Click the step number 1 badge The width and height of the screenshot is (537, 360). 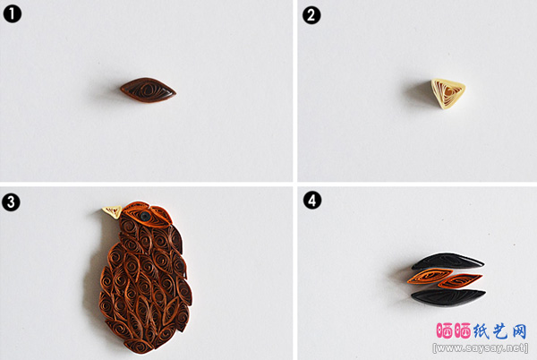(12, 14)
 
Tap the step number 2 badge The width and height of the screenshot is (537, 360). (311, 15)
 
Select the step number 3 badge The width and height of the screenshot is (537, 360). (11, 202)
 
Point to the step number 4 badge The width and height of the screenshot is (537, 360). (312, 201)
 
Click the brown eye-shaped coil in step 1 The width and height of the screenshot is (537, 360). (148, 90)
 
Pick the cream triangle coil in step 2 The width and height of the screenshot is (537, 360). (447, 93)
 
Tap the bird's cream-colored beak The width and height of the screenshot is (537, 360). (113, 211)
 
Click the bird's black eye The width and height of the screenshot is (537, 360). (145, 216)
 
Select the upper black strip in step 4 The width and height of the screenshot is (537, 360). (448, 261)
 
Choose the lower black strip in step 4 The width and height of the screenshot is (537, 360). (448, 297)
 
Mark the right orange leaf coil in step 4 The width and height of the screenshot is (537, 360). (460, 281)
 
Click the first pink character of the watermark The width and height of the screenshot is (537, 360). (445, 330)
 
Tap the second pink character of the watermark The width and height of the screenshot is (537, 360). (463, 330)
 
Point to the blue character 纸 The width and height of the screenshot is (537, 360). (482, 330)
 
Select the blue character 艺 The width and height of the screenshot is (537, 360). (500, 330)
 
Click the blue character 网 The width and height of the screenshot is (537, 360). (519, 330)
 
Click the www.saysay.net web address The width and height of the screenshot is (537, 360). (481, 348)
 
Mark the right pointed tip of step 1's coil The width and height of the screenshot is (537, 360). (176, 92)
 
